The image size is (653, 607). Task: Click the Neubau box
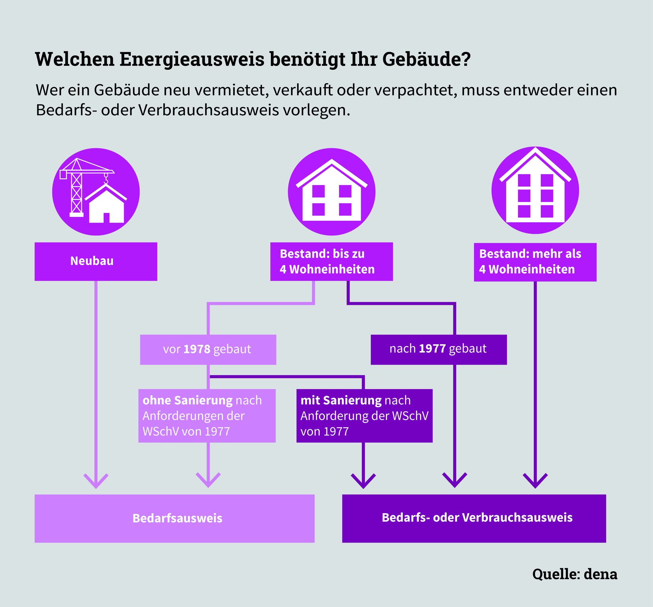(x=96, y=261)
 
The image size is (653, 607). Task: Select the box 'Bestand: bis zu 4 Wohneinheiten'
(x=331, y=261)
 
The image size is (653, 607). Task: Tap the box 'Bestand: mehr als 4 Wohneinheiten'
(x=535, y=262)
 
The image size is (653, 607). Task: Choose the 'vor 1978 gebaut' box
(x=208, y=349)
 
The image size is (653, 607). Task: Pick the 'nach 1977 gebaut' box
(x=438, y=349)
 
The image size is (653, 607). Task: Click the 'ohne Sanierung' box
(x=207, y=415)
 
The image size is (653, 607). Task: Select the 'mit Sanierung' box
(x=364, y=415)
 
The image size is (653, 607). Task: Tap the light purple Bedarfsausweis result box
(x=174, y=518)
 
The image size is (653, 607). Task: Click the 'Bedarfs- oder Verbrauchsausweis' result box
(x=474, y=518)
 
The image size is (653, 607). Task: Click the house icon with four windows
(x=332, y=192)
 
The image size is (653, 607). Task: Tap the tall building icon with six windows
(x=535, y=190)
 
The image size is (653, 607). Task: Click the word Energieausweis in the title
(x=192, y=59)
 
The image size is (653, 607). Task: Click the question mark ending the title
(x=466, y=59)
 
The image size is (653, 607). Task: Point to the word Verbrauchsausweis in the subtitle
(x=209, y=110)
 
